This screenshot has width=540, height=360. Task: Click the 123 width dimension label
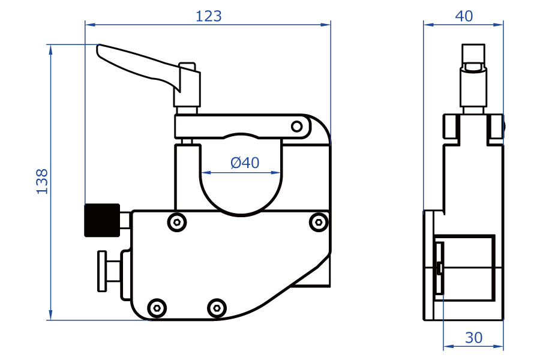point(208,16)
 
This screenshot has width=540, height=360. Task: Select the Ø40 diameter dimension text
point(245,163)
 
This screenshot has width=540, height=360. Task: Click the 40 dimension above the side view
point(464,16)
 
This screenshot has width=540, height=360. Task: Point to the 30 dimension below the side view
point(473,338)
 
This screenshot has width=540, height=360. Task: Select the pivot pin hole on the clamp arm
point(297,126)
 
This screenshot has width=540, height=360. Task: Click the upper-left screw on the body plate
point(176,223)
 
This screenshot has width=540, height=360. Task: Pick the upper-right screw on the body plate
point(317,223)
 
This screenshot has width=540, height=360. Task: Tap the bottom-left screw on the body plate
point(157,308)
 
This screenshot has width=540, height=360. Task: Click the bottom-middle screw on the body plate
point(217,308)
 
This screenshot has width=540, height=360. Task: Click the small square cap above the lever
point(187,65)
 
